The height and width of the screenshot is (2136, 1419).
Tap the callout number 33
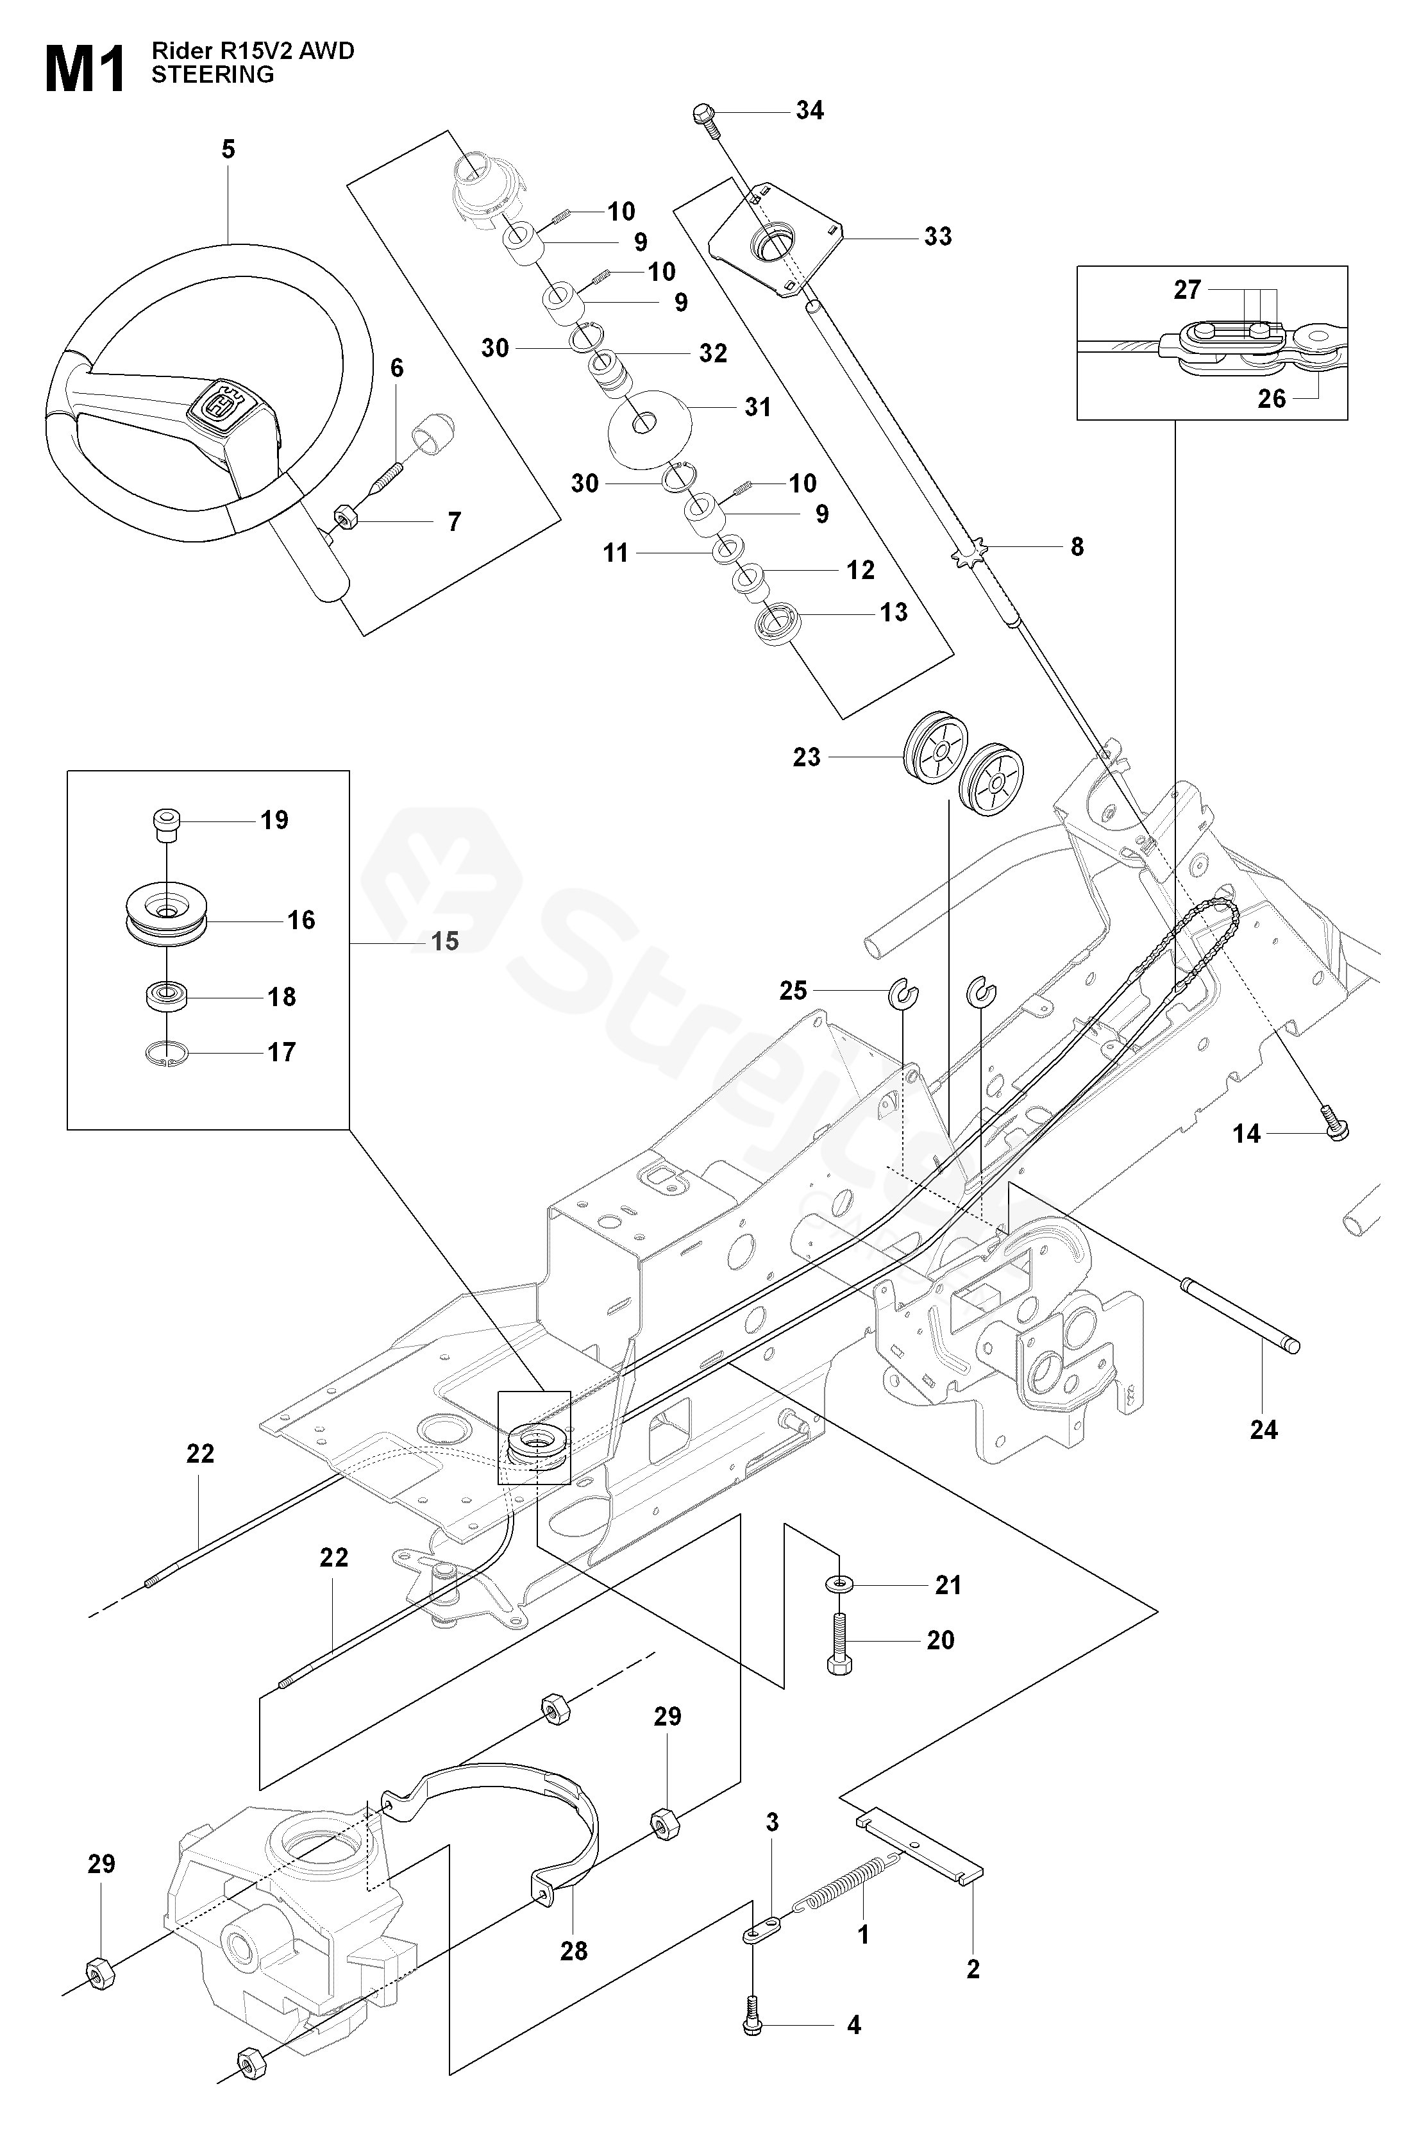(937, 237)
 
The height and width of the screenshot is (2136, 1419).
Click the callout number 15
(444, 941)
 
